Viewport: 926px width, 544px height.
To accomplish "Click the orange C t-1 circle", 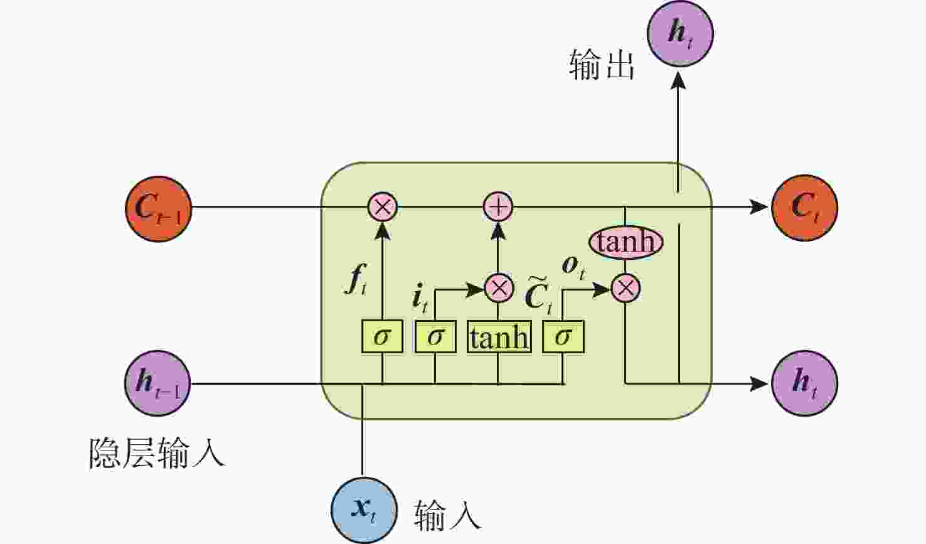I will click(158, 208).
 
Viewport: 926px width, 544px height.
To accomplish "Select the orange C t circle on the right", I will click(804, 207).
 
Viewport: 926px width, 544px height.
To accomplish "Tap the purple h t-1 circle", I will click(157, 383).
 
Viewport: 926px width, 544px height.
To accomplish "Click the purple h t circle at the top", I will click(680, 33).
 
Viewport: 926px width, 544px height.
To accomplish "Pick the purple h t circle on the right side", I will click(804, 383).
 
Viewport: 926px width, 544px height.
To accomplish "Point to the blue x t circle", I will click(364, 509).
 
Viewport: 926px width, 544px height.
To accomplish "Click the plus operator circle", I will click(498, 207).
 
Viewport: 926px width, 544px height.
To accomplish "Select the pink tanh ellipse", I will click(625, 242).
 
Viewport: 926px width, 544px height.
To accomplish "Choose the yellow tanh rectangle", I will click(499, 337).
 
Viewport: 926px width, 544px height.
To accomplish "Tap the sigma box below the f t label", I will click(382, 337).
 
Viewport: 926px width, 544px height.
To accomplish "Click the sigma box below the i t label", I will click(435, 337).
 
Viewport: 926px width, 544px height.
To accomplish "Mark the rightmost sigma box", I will click(563, 337).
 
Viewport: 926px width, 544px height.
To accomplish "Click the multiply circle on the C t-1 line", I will click(383, 207).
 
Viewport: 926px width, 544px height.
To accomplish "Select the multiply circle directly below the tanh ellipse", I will click(625, 289).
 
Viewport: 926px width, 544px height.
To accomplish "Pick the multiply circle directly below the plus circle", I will click(499, 289).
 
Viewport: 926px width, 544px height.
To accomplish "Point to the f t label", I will click(355, 280).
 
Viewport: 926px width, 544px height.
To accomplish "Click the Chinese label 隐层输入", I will click(156, 452).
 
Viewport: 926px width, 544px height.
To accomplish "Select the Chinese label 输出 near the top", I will click(602, 65).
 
